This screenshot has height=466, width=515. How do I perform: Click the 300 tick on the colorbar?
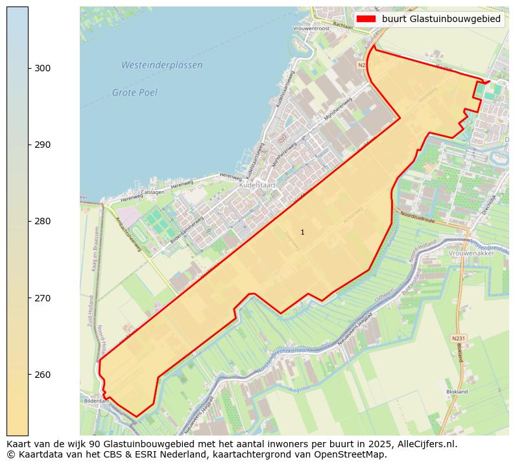[x=43, y=68]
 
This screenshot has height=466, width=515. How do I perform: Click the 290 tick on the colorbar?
[x=43, y=145]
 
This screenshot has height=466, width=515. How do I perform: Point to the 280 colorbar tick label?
[x=43, y=221]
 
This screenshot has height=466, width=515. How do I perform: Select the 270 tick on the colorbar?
[x=43, y=298]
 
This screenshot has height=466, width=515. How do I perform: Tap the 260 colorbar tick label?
[x=43, y=375]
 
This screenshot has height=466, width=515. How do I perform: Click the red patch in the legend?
[x=366, y=19]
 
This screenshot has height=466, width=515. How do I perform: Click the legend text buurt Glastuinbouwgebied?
[x=441, y=19]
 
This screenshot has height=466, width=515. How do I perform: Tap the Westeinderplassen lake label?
[x=162, y=65]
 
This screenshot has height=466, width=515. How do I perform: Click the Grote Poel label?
[x=134, y=93]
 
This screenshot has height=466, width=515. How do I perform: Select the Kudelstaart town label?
[x=257, y=185]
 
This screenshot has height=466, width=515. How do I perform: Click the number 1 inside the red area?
[x=302, y=232]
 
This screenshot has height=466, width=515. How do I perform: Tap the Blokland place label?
[x=457, y=391]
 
